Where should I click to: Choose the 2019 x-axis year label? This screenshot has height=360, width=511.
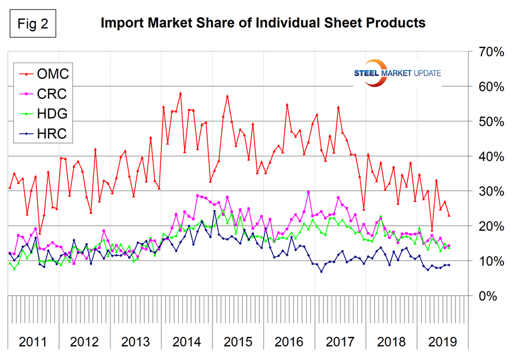pyautogui.click(x=441, y=341)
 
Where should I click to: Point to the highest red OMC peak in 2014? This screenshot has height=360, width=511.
pyautogui.click(x=181, y=93)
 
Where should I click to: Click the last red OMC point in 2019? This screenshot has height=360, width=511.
pyautogui.click(x=449, y=215)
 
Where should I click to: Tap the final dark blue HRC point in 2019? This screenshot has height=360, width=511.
pyautogui.click(x=449, y=265)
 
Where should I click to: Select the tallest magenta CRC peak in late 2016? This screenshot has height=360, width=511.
pyautogui.click(x=308, y=192)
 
